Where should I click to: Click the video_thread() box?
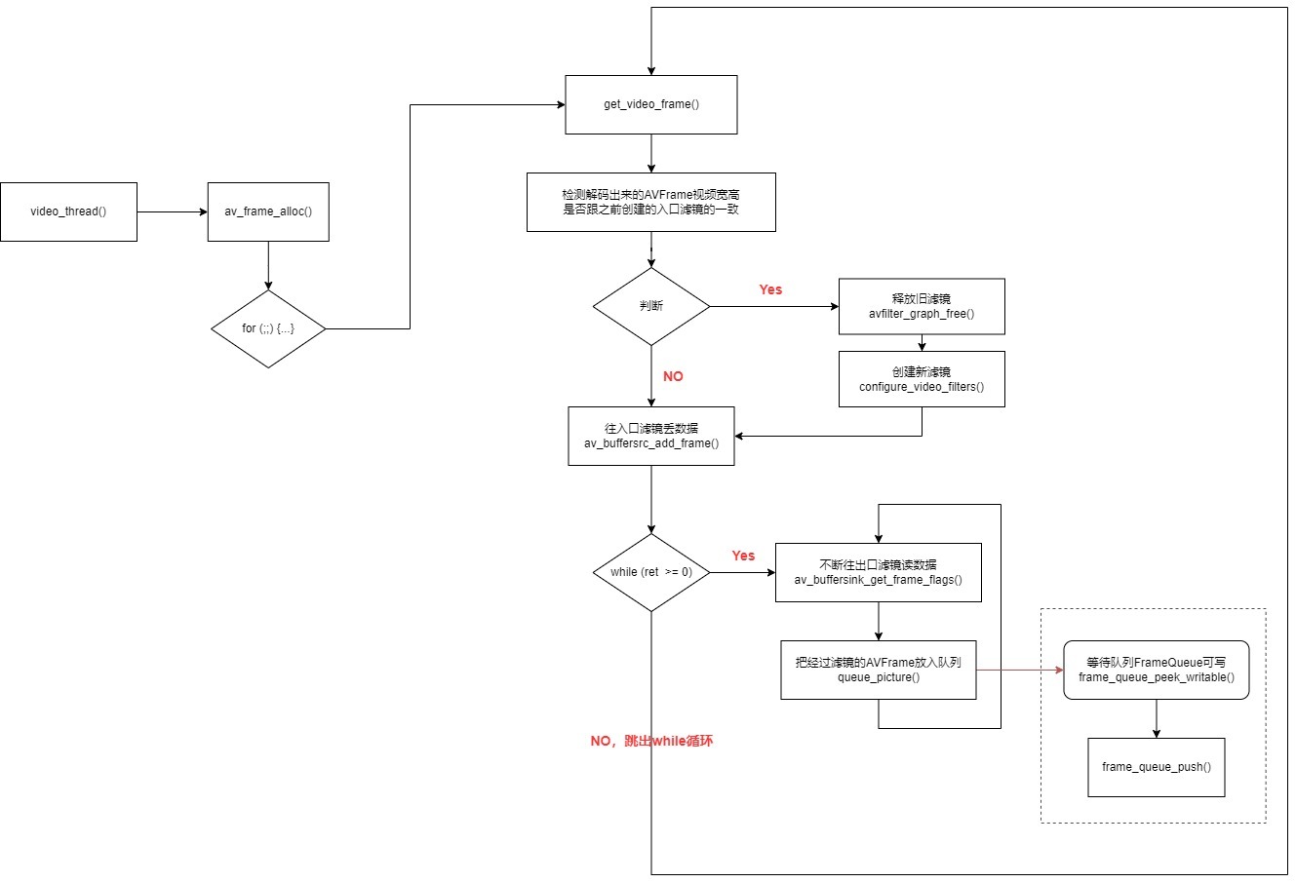pyautogui.click(x=69, y=211)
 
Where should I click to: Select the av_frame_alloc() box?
pyautogui.click(x=268, y=211)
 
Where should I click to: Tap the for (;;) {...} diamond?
pyautogui.click(x=268, y=328)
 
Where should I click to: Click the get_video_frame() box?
pyautogui.click(x=650, y=104)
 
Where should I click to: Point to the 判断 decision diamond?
pyautogui.click(x=650, y=306)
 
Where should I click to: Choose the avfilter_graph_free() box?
pyautogui.click(x=922, y=306)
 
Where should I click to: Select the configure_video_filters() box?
pyautogui.click(x=922, y=379)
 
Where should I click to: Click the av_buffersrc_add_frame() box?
pyautogui.click(x=650, y=436)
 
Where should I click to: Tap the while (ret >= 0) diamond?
pyautogui.click(x=650, y=572)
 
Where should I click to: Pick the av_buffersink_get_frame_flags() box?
pyautogui.click(x=879, y=572)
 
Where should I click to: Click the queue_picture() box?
pyautogui.click(x=879, y=671)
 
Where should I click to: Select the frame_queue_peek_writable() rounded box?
pyautogui.click(x=1156, y=671)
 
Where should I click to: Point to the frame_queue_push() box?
pyautogui.click(x=1156, y=767)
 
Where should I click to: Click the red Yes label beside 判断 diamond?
pyautogui.click(x=770, y=289)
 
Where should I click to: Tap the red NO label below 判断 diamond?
pyautogui.click(x=673, y=376)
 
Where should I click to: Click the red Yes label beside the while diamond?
pyautogui.click(x=743, y=556)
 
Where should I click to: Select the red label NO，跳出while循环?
pyautogui.click(x=651, y=741)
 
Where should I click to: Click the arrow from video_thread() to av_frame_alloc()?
pyautogui.click(x=173, y=211)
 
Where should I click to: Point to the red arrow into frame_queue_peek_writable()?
pyautogui.click(x=1020, y=671)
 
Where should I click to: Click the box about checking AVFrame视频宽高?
pyautogui.click(x=650, y=203)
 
